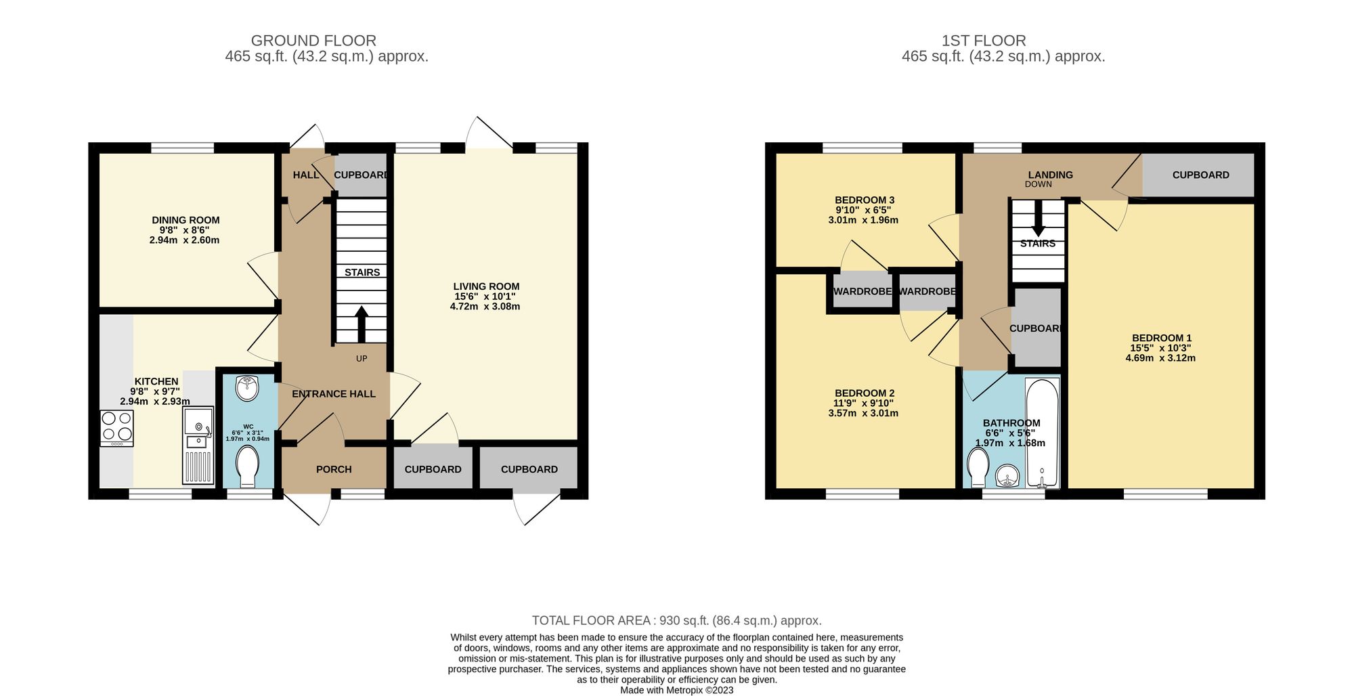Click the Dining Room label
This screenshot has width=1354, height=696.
click(x=185, y=220)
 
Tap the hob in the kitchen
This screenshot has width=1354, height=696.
click(x=116, y=428)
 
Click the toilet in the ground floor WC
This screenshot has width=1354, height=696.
click(x=247, y=466)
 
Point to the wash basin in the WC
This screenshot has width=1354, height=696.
click(x=247, y=389)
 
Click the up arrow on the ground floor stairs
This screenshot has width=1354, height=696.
click(x=362, y=324)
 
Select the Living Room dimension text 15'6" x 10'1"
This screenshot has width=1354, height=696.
click(x=485, y=297)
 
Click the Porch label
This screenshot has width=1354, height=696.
click(x=334, y=469)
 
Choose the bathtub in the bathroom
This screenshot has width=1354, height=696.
click(x=1042, y=433)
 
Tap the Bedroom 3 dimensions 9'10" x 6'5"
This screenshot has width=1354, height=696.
click(x=863, y=210)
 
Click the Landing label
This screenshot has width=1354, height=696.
click(x=1050, y=175)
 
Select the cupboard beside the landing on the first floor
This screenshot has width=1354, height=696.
click(x=1200, y=175)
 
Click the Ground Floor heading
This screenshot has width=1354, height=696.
click(x=313, y=41)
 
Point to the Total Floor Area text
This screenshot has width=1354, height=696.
click(x=676, y=620)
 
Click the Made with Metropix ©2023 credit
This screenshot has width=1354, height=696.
click(x=676, y=691)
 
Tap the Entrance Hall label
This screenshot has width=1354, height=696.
click(x=333, y=394)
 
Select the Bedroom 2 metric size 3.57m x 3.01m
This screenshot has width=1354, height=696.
click(x=863, y=413)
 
